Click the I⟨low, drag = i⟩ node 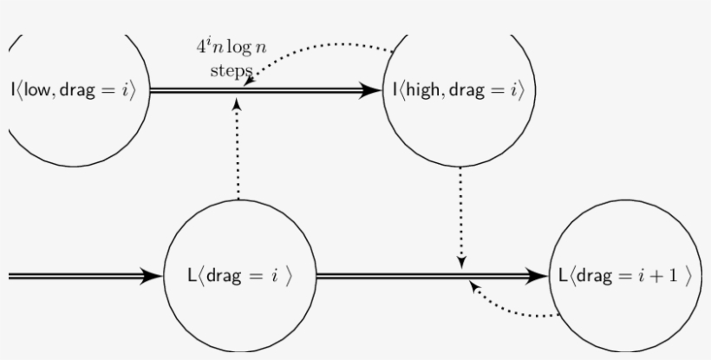(74, 89)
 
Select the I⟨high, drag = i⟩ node (458, 89)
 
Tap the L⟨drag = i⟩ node (239, 276)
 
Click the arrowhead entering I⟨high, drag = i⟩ (373, 89)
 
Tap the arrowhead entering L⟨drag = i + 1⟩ (542, 276)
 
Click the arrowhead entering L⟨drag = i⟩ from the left (154, 276)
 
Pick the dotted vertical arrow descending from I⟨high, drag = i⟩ (461, 217)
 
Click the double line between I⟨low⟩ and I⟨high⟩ (260, 89)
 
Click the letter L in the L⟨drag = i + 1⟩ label (563, 276)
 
